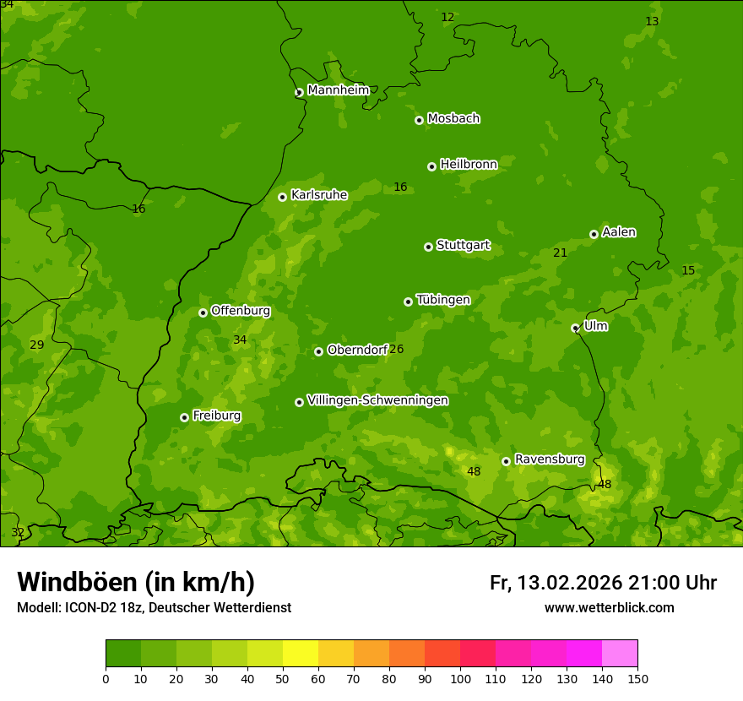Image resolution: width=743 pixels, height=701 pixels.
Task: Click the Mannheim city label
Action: pos(338,90)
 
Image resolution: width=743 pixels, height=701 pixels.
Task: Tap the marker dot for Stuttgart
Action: pos(428,247)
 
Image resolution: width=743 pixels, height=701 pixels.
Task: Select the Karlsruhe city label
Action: pos(319,195)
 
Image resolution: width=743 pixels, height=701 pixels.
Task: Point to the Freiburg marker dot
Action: pos(184,417)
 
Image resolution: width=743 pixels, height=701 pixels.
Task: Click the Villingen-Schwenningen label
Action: pos(377,400)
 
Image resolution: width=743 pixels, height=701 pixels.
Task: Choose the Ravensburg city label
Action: pos(550,459)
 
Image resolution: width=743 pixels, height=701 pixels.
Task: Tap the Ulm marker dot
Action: pos(575,328)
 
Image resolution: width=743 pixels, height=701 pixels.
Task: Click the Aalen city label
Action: pos(619,232)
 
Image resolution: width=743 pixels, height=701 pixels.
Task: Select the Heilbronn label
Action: pos(469,165)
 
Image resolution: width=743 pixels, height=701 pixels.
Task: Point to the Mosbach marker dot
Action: pos(419,120)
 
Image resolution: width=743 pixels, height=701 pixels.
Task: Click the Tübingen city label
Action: pos(443,300)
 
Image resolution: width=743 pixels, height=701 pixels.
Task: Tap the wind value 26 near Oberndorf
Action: pos(396,350)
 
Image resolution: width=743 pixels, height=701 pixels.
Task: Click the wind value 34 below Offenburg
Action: pos(240,340)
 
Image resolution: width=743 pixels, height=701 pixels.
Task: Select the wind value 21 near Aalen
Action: pos(560,253)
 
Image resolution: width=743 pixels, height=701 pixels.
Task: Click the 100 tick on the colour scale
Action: pos(460,678)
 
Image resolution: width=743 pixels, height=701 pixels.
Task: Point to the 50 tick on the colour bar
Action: pos(283,678)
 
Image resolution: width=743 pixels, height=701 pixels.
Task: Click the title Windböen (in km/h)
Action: pos(136,582)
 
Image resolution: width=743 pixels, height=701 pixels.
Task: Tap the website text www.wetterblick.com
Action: pos(609,608)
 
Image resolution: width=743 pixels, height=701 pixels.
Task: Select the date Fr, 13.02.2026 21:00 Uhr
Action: pos(603,583)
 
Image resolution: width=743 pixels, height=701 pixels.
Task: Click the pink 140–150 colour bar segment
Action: pos(620,654)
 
